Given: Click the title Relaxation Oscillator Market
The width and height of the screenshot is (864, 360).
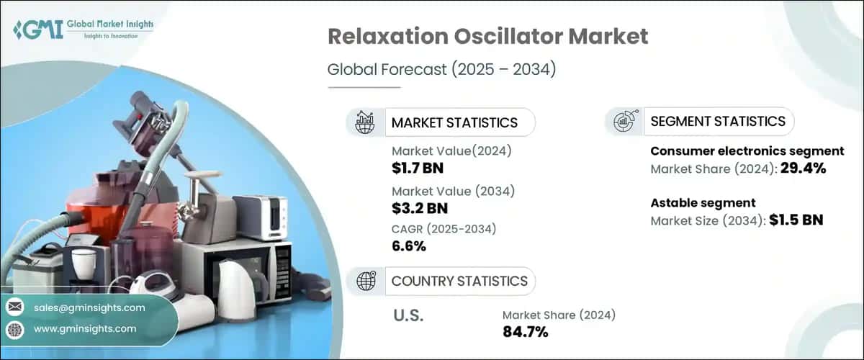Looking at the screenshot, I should [487, 37].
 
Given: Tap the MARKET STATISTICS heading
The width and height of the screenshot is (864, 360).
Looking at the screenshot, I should [454, 122].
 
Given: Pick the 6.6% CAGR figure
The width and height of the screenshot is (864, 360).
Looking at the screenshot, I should [409, 246].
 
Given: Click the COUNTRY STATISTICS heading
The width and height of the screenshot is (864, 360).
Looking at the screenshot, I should [459, 281].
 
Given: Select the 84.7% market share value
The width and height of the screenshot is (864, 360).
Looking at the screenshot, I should [525, 332].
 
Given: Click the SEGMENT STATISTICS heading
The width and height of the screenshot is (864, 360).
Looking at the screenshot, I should [717, 121].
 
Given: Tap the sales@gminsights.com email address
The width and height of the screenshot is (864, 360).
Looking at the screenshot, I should [89, 307].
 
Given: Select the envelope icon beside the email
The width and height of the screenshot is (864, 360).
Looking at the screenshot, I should [14, 307].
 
